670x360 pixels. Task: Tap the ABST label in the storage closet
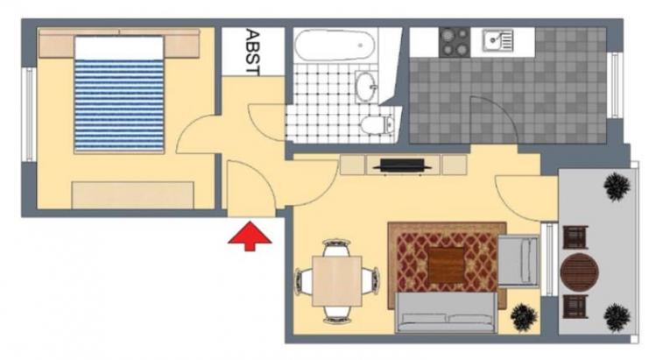253,53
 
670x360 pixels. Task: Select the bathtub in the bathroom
335,46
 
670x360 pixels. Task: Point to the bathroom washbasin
366,87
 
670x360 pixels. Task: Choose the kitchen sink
497,40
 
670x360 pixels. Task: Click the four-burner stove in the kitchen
455,42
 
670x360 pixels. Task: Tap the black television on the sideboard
402,166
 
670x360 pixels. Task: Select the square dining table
336,281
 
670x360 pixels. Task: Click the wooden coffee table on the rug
446,265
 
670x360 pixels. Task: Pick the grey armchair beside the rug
518,260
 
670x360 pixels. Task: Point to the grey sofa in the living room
446,312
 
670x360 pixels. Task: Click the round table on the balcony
579,272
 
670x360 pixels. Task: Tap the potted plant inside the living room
524,317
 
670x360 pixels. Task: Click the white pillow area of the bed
119,48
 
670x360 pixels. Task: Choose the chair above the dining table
336,248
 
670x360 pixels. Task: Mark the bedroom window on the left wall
29,114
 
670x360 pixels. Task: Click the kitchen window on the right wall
616,85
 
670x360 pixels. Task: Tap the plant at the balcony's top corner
617,187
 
